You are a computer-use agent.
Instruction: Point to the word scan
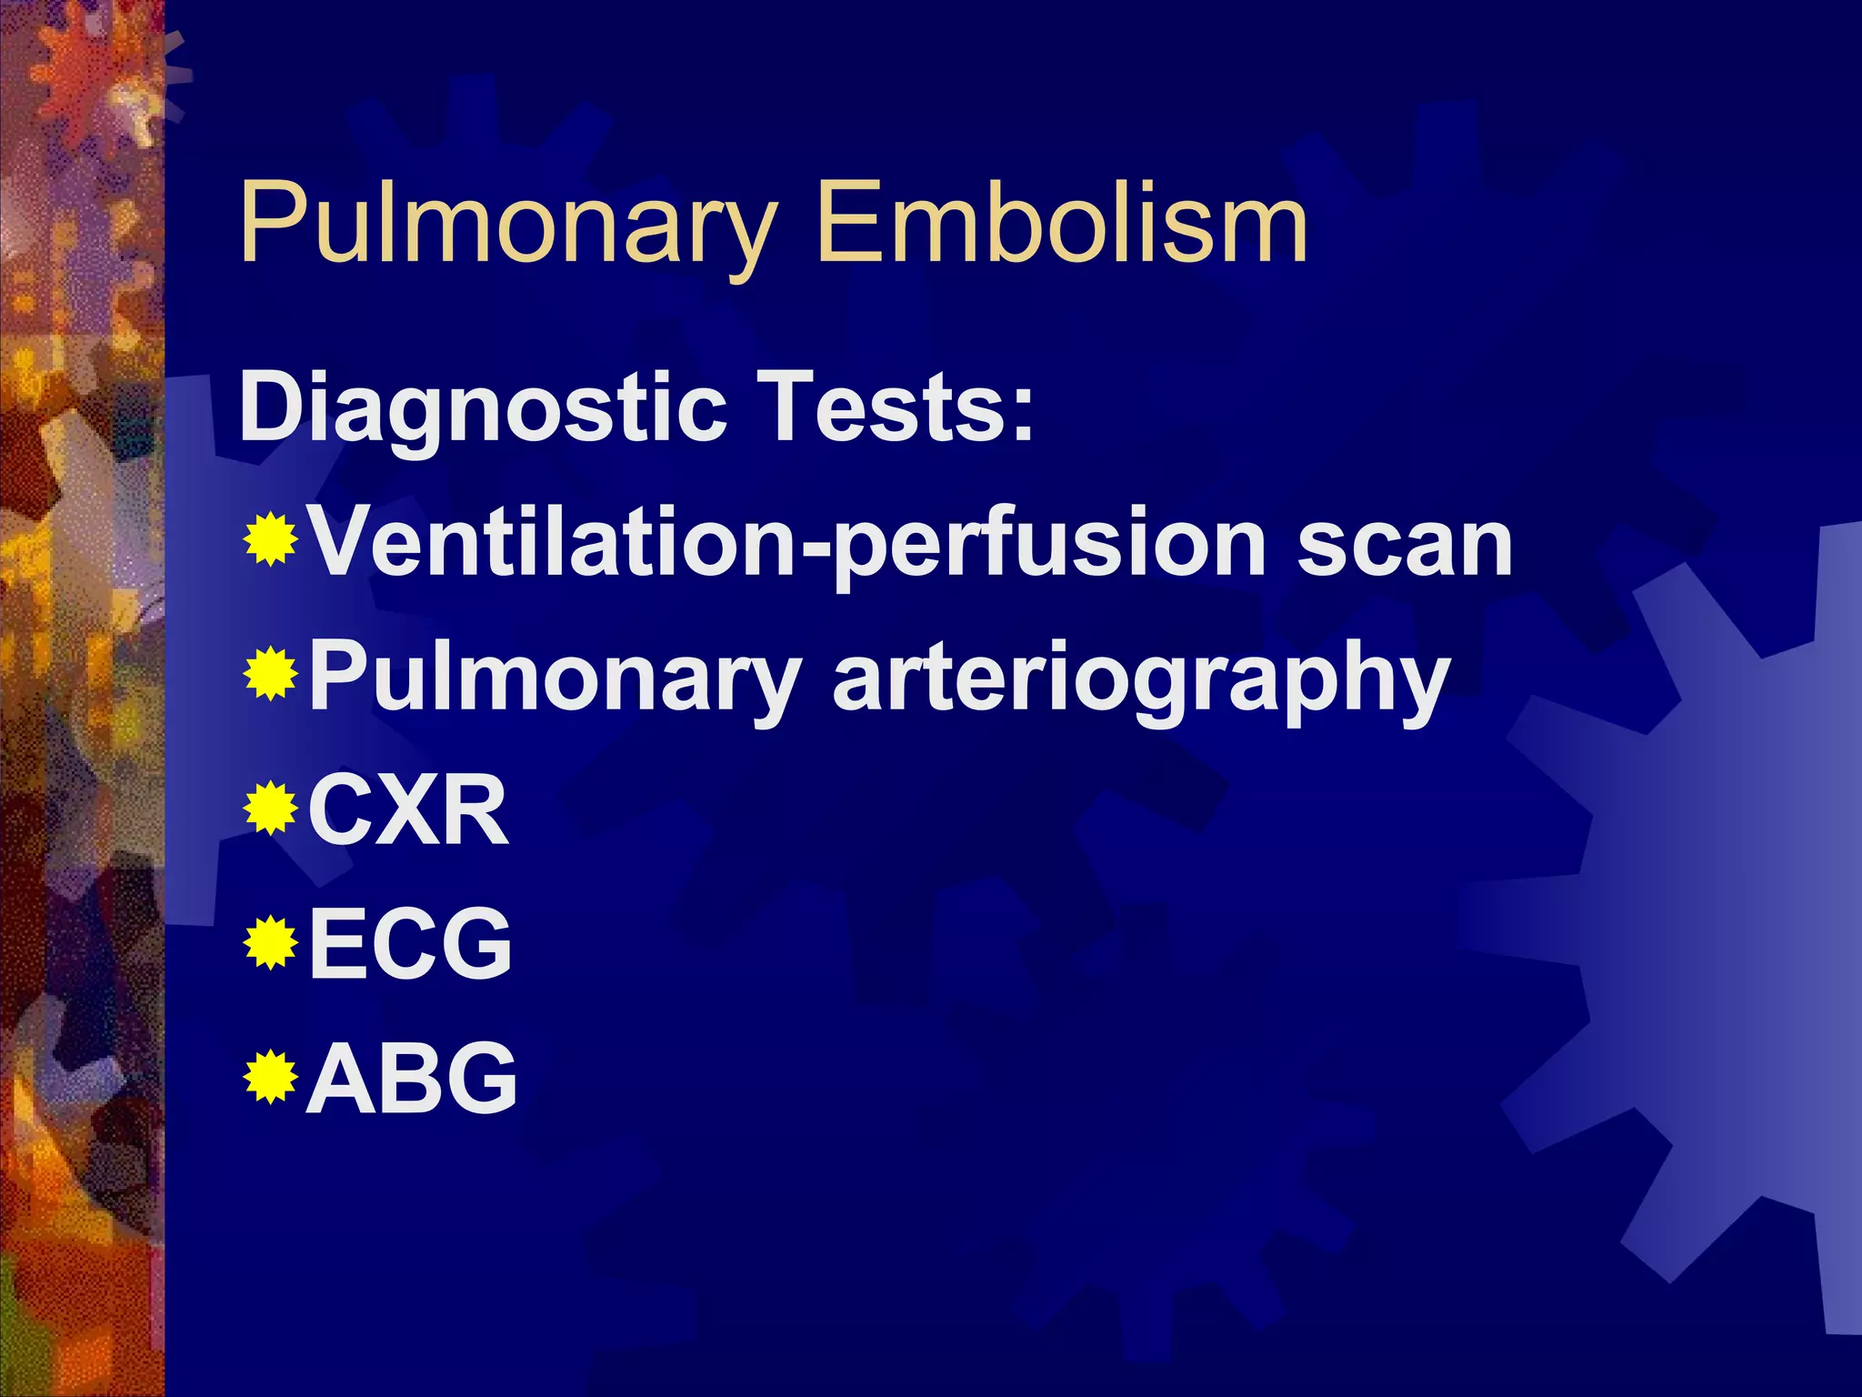[1405, 544]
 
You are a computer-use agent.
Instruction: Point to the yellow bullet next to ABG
[271, 1076]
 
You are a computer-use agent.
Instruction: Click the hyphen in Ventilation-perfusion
[815, 551]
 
